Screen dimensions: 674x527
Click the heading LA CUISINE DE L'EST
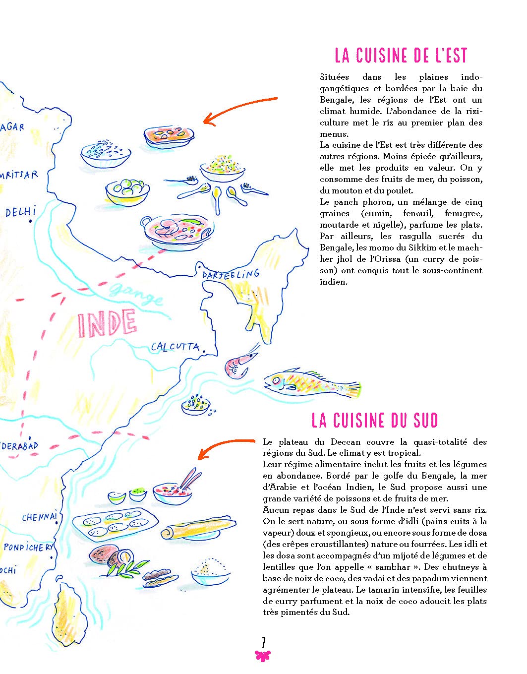tap(401, 56)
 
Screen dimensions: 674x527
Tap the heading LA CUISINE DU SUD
tap(375, 421)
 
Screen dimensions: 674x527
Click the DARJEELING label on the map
tap(231, 274)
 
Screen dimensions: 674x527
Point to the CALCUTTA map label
tap(175, 347)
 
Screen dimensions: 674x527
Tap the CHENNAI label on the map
tap(39, 517)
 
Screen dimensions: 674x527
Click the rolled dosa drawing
tap(198, 528)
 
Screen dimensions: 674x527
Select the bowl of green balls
tap(127, 190)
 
